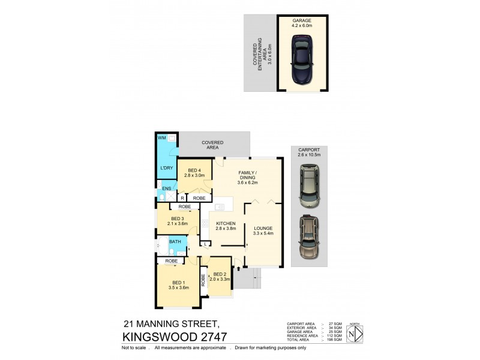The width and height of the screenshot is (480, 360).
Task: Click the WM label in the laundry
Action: coord(161,138)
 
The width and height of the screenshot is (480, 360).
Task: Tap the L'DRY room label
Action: coord(166,169)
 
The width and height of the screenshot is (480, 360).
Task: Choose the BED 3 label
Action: coord(177,218)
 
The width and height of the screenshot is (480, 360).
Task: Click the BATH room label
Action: coord(175,242)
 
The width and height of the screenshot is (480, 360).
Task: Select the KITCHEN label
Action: coord(226,223)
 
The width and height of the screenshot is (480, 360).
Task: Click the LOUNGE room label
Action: coord(263,228)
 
